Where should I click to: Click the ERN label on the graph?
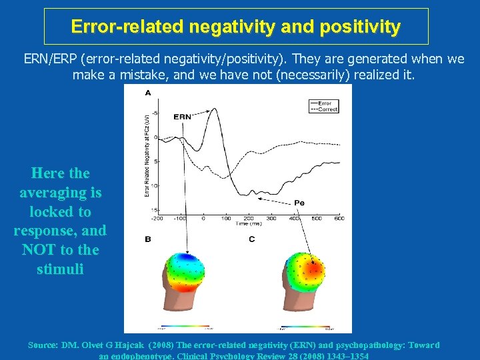[182, 116]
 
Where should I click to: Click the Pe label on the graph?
[300, 202]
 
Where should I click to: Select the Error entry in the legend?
[325, 103]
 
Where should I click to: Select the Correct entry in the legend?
[326, 109]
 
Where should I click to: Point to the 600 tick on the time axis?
[339, 218]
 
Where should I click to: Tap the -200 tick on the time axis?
[157, 218]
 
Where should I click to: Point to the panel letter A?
[147, 93]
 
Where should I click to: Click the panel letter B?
[147, 239]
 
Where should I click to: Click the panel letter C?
[251, 239]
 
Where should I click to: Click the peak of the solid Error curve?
[213, 109]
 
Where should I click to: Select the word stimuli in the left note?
[60, 269]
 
